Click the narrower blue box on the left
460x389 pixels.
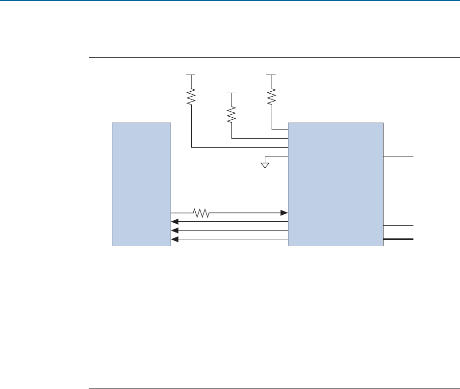[141, 184]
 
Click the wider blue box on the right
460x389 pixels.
[335, 184]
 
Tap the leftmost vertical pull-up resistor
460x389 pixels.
[191, 97]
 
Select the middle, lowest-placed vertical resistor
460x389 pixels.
[231, 115]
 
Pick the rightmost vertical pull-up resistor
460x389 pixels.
[271, 97]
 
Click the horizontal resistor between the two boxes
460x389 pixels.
[201, 213]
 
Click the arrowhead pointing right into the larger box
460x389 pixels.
[284, 213]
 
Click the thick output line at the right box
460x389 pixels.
[399, 239]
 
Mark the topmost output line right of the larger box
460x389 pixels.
[399, 156]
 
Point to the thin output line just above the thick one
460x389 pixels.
[399, 225]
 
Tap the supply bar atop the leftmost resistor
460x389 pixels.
[191, 75]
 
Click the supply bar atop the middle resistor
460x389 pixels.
[231, 92]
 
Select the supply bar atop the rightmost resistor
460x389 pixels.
[271, 75]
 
